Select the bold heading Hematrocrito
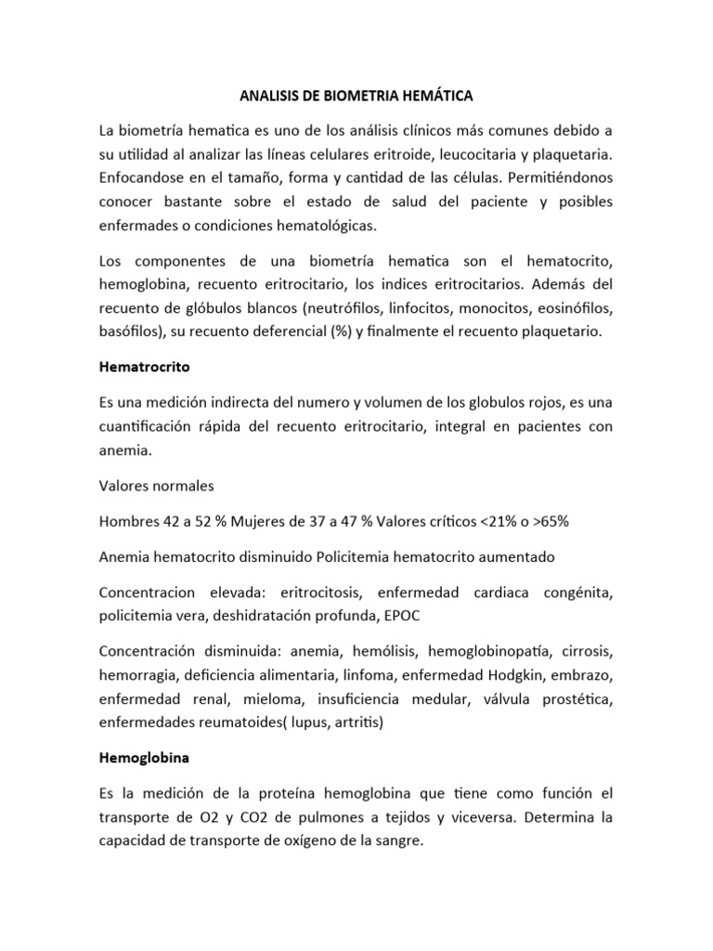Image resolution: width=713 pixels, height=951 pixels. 144,366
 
